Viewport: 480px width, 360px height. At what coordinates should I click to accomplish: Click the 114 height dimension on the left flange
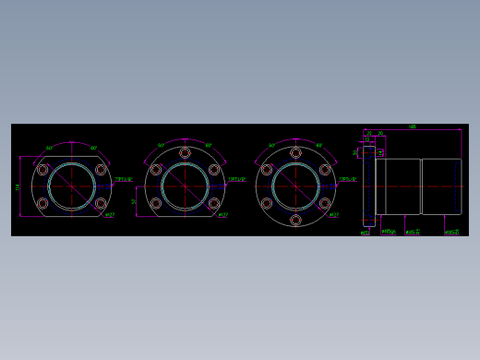coord(18,186)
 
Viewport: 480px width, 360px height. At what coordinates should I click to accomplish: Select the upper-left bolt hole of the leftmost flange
coord(42,170)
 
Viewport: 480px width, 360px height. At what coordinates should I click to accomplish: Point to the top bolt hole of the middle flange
coord(185,152)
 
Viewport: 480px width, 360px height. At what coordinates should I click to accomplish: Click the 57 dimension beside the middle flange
coord(134,201)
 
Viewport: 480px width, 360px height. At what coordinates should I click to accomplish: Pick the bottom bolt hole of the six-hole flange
coord(295,220)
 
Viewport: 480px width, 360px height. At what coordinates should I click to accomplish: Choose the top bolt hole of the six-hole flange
coord(295,153)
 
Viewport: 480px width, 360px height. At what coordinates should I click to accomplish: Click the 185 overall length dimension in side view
coord(412,127)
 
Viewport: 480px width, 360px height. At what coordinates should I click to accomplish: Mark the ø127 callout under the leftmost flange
coord(109,215)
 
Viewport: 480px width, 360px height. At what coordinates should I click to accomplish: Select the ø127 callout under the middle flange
coord(222,215)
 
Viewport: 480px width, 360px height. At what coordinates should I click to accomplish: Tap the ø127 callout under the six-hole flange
coord(333,215)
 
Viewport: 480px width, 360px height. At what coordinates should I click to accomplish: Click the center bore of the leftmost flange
coord(71,186)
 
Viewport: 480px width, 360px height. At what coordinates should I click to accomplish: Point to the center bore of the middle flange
coord(185,186)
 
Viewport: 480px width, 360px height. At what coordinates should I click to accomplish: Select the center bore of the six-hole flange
coord(295,186)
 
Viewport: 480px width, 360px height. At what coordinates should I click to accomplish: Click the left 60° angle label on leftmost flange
coord(49,148)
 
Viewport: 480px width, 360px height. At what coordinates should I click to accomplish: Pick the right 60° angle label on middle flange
coord(208,146)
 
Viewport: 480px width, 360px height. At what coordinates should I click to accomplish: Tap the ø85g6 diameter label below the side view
coord(389,232)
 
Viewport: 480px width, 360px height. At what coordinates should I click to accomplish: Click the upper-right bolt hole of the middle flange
coord(214,170)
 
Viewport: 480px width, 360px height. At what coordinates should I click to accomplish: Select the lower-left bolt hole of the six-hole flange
coord(267,203)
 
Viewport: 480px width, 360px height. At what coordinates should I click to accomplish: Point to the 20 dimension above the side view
coord(380,134)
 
